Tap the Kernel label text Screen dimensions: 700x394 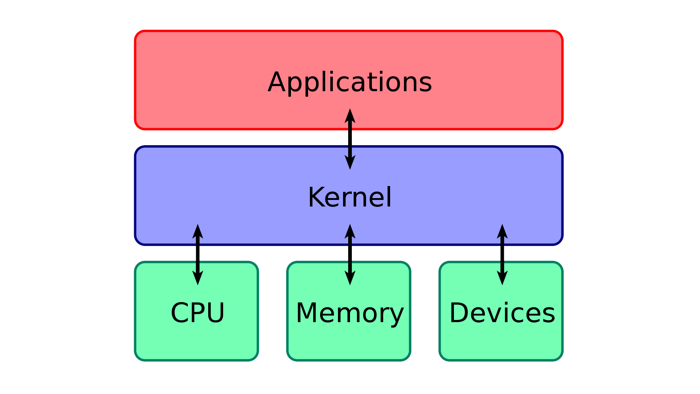[x=350, y=197]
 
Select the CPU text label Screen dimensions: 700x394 [x=198, y=313]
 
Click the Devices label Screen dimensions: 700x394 [x=502, y=313]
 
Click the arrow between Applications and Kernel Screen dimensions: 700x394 [x=350, y=139]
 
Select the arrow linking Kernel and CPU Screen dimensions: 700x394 [x=198, y=255]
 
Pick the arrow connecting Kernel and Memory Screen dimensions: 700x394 [x=350, y=255]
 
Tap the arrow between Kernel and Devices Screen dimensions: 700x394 [x=502, y=255]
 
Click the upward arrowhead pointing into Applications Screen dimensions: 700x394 [x=350, y=116]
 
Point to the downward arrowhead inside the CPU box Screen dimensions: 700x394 [x=198, y=278]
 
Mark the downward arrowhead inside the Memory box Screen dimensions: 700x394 [x=350, y=278]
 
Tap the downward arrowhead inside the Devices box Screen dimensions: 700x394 [x=502, y=278]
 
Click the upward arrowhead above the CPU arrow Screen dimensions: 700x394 [x=198, y=232]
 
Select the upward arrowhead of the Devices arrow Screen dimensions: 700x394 [x=502, y=232]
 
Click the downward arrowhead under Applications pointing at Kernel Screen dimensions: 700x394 [x=350, y=162]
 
